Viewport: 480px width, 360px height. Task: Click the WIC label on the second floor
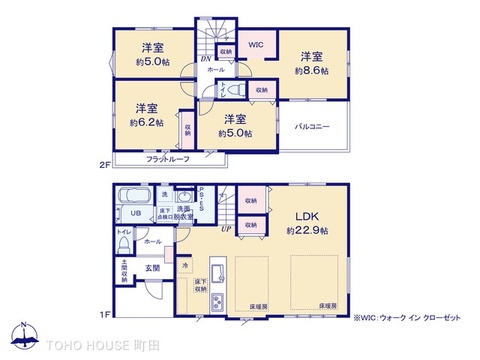point(255,45)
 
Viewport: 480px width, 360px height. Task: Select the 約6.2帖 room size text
point(145,122)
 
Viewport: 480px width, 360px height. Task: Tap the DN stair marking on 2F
point(205,60)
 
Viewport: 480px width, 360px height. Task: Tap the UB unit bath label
point(135,213)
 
